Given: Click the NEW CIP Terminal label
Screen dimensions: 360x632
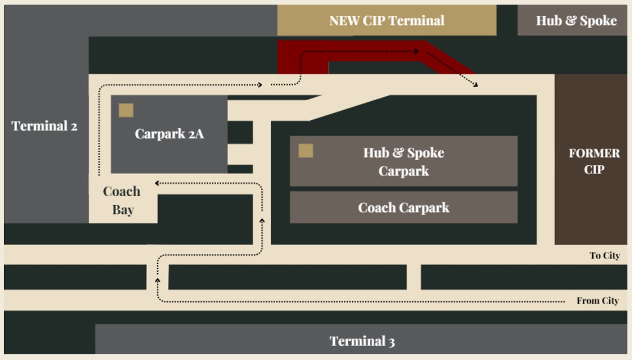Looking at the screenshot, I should pos(387,21).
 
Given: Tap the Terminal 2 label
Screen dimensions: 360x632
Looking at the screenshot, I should pos(44,126).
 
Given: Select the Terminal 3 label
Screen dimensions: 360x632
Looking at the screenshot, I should pos(362,341).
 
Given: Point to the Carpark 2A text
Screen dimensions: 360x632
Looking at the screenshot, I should pos(169,134).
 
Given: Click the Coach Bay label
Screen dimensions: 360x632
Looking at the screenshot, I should pos(122,201).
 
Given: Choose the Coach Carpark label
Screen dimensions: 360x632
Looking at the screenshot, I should pos(403,208).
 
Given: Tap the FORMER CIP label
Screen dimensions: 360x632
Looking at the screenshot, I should pos(594,162).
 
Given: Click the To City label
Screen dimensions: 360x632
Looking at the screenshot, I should pos(604,256).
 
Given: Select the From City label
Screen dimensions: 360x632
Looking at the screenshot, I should pos(598,301).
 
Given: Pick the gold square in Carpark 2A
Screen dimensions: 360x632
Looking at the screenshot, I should pos(126,110).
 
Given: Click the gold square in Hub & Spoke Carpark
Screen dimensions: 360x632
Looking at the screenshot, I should pos(306,151).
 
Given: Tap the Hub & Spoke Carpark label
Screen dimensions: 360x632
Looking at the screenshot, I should pos(403,162).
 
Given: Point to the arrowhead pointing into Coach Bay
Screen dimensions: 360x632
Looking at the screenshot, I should pos(157,183).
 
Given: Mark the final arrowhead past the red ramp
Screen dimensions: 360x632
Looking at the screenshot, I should pos(476,84).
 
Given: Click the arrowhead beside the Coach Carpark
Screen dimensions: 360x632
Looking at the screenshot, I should pos(261,221).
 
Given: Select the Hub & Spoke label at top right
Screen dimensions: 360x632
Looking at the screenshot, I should pos(576,21).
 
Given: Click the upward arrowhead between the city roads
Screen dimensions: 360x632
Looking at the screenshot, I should pos(157,280).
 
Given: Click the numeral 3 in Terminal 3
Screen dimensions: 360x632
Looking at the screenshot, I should pos(391,342).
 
